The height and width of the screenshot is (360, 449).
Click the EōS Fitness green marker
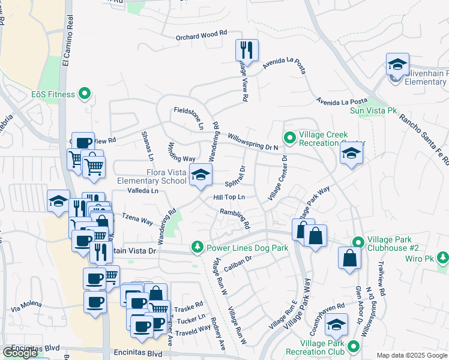85,94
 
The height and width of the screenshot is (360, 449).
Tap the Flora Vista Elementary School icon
200,175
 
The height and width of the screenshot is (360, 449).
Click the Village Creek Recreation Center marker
289,139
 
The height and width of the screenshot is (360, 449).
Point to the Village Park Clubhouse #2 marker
358,242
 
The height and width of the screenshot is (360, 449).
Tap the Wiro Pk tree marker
443,258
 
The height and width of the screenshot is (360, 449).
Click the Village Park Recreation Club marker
353,346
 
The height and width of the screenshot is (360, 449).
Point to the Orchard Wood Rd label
201,36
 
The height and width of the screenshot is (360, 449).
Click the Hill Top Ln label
230,197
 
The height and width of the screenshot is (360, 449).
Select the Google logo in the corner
20,353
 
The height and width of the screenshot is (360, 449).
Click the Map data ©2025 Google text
412,355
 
